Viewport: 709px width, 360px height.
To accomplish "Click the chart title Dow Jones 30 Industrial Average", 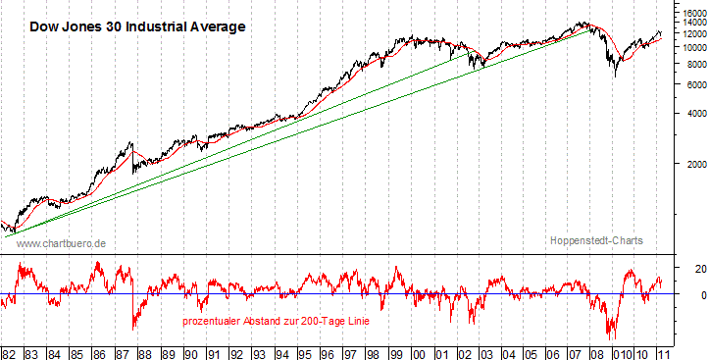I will point(136,26).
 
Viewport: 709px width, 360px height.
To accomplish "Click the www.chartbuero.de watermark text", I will point(61,242).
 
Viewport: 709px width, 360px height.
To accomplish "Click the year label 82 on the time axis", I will point(10,351).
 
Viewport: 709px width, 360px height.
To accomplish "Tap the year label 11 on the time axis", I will point(667,351).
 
